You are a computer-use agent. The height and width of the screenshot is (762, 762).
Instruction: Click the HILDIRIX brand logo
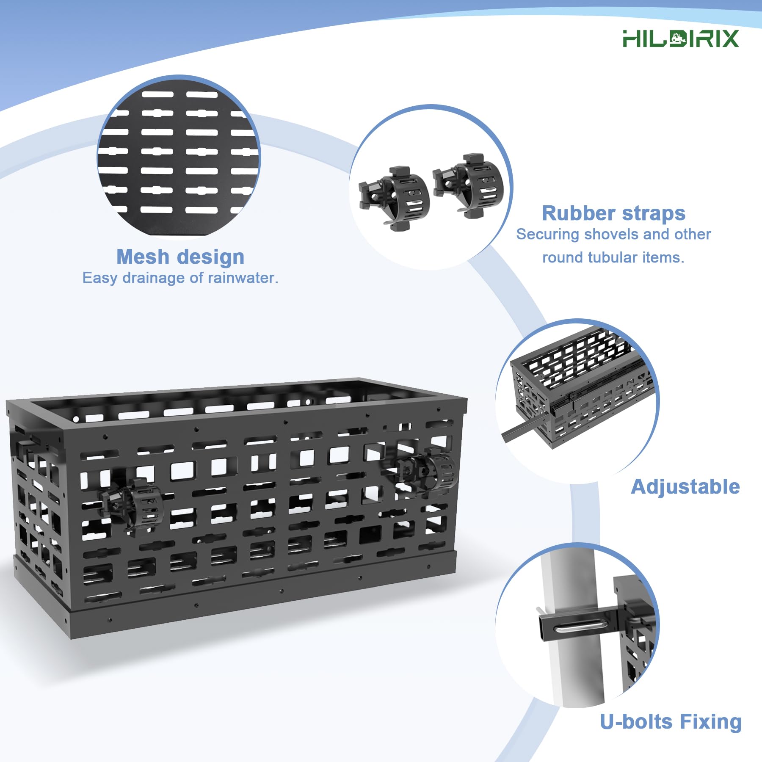pyautogui.click(x=680, y=39)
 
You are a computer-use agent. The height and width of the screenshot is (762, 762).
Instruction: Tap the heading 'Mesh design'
pyautogui.click(x=180, y=257)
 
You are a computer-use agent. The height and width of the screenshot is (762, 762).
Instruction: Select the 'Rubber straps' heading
pyautogui.click(x=613, y=213)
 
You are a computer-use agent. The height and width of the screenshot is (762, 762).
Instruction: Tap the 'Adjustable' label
pyautogui.click(x=685, y=487)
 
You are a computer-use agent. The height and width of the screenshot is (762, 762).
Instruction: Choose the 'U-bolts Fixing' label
pyautogui.click(x=671, y=722)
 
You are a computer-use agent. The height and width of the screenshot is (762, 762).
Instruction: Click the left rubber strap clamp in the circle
pyautogui.click(x=395, y=198)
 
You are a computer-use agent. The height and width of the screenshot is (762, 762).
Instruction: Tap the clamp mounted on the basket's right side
pyautogui.click(x=428, y=472)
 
